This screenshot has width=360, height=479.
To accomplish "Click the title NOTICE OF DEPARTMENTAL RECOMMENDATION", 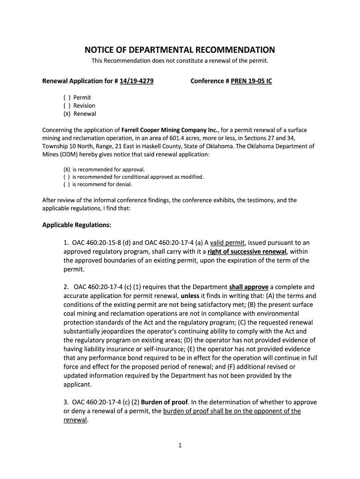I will click(180, 50).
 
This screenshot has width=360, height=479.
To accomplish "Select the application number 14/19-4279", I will click(137, 81).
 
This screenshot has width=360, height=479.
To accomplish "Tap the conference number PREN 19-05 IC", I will click(251, 81).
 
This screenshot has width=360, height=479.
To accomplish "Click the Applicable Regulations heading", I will click(77, 225).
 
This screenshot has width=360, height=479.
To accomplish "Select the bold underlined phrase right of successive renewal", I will click(247, 252).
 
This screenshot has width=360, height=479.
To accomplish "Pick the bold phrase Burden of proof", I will click(164, 402).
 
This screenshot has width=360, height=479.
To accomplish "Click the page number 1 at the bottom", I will click(180, 446).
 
